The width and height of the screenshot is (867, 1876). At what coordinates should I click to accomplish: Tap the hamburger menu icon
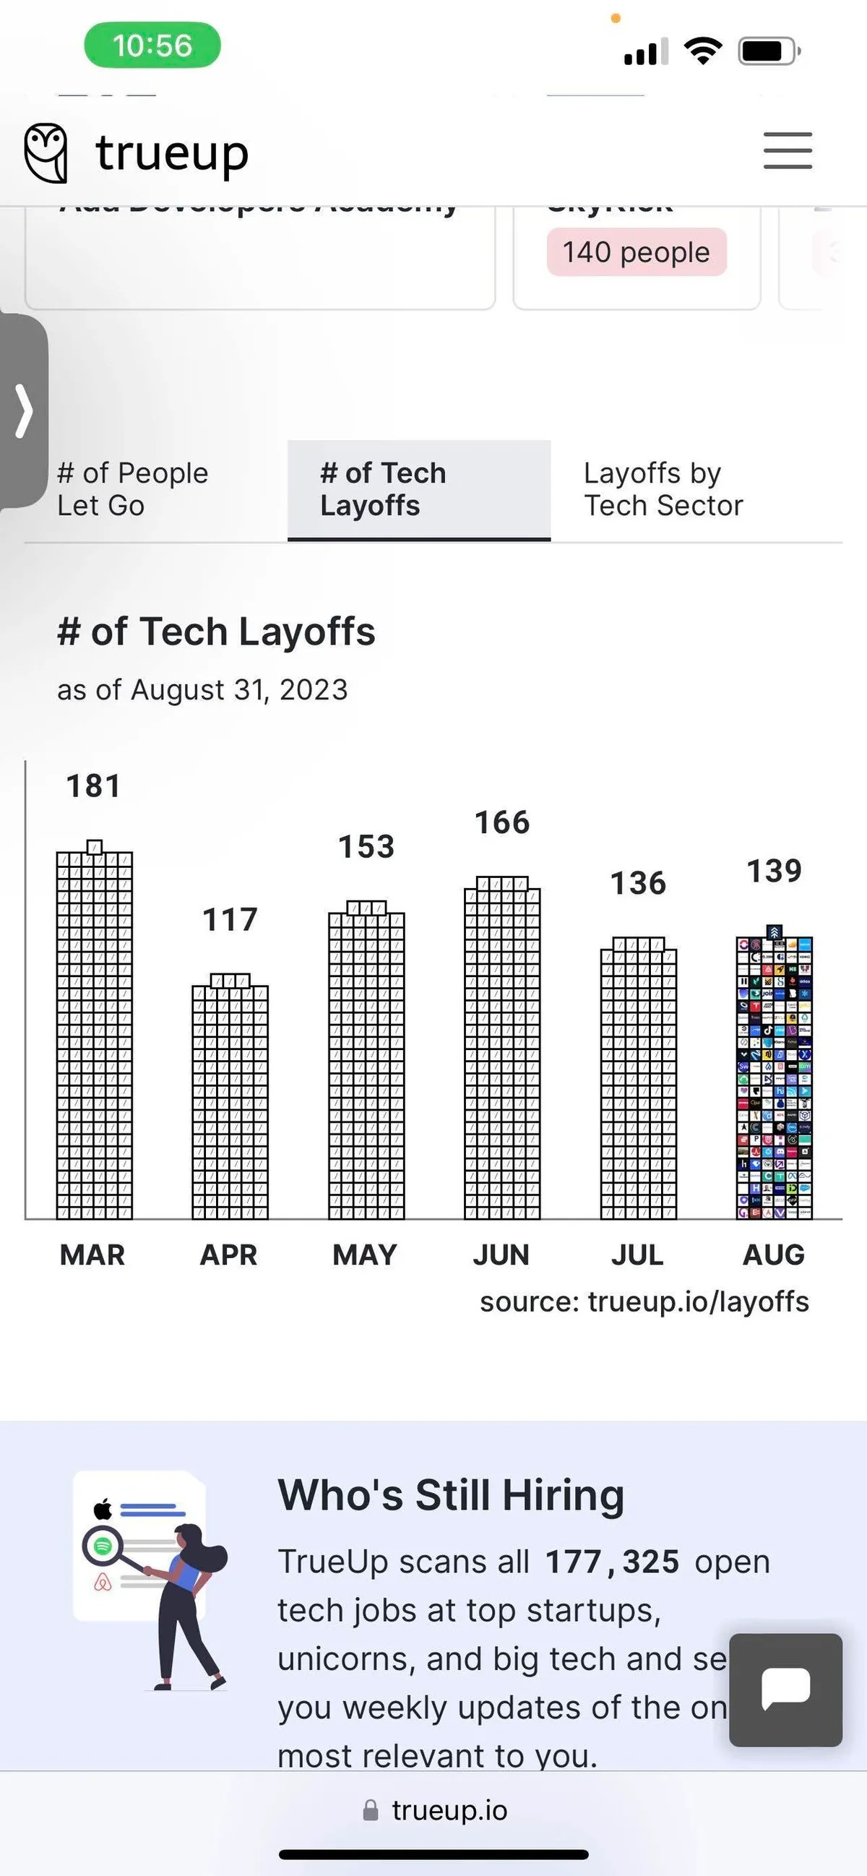tap(788, 151)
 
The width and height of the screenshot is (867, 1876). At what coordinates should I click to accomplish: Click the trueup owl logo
tap(46, 152)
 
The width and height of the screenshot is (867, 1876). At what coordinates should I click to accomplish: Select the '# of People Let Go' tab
tap(132, 489)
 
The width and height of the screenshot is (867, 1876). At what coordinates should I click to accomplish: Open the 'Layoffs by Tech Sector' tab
tap(663, 489)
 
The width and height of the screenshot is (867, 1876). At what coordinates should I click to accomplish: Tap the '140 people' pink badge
tap(637, 252)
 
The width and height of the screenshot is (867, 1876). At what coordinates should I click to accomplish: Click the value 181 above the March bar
tap(94, 786)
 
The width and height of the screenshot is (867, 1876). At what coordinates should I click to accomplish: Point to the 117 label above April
tap(230, 920)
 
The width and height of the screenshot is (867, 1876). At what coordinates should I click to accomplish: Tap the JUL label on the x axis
tap(638, 1255)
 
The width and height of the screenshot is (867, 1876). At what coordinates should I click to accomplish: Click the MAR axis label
tap(92, 1255)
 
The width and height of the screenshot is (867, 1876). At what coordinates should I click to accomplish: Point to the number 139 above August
tap(775, 871)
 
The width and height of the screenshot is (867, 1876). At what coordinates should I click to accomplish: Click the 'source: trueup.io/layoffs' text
tap(644, 1301)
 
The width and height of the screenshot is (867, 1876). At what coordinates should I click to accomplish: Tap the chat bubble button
tap(785, 1690)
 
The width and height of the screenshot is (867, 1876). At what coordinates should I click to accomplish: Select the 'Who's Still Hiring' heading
tap(452, 1495)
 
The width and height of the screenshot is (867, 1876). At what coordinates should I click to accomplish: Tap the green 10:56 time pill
tap(152, 45)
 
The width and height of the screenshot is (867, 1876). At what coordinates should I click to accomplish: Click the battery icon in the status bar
tap(769, 51)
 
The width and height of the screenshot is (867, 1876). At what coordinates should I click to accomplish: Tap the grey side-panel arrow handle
tap(24, 410)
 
